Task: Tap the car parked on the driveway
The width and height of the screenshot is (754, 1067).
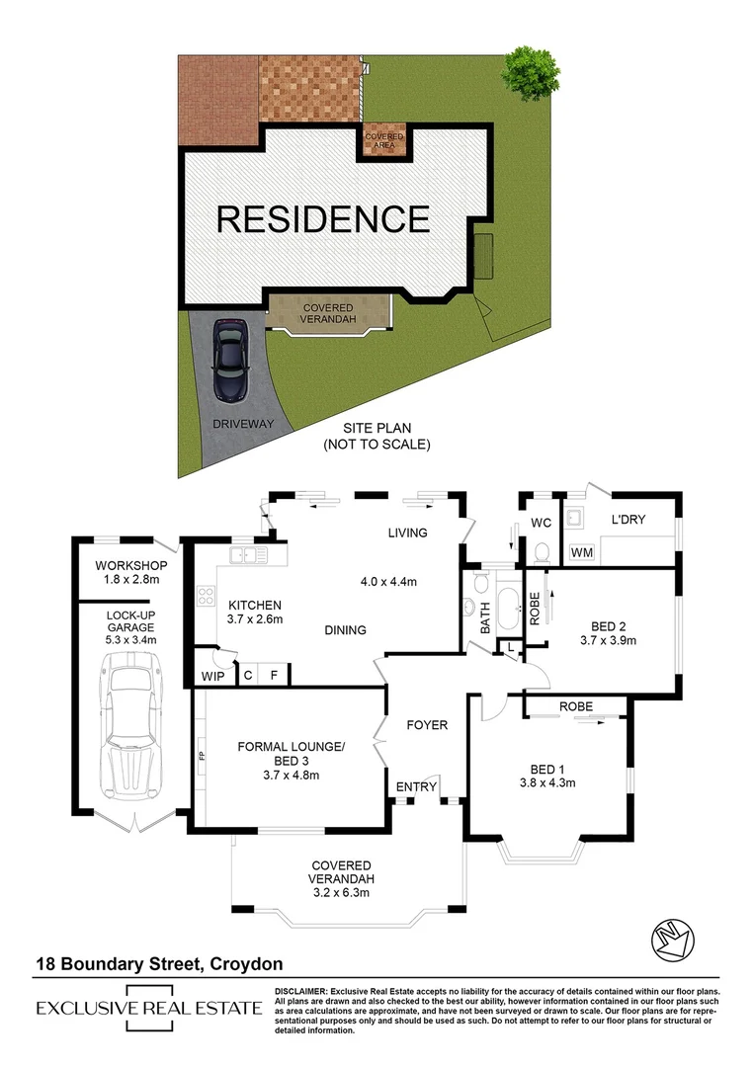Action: [x=229, y=360]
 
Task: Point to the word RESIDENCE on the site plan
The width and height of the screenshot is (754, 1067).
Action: [x=323, y=218]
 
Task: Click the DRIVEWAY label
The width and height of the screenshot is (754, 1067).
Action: [x=242, y=424]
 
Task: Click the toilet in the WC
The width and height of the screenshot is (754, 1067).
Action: [x=541, y=550]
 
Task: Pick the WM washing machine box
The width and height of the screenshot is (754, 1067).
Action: [x=582, y=552]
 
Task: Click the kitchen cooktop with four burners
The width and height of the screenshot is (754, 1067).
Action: [x=207, y=596]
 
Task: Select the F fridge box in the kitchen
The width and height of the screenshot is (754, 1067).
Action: [x=276, y=676]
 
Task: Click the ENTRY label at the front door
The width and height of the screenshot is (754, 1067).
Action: [x=416, y=786]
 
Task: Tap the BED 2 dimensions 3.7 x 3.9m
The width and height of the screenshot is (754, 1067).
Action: [x=607, y=640]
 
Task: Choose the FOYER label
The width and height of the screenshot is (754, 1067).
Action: [x=427, y=725]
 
